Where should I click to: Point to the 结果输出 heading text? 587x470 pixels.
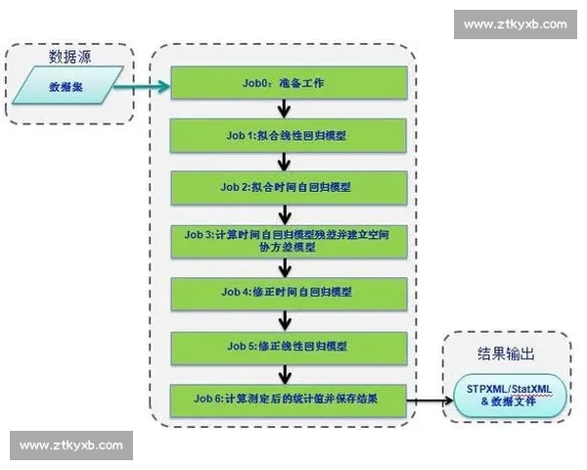507,351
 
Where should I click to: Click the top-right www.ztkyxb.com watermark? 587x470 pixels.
515,24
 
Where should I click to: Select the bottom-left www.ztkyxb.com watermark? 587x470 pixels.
71,446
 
